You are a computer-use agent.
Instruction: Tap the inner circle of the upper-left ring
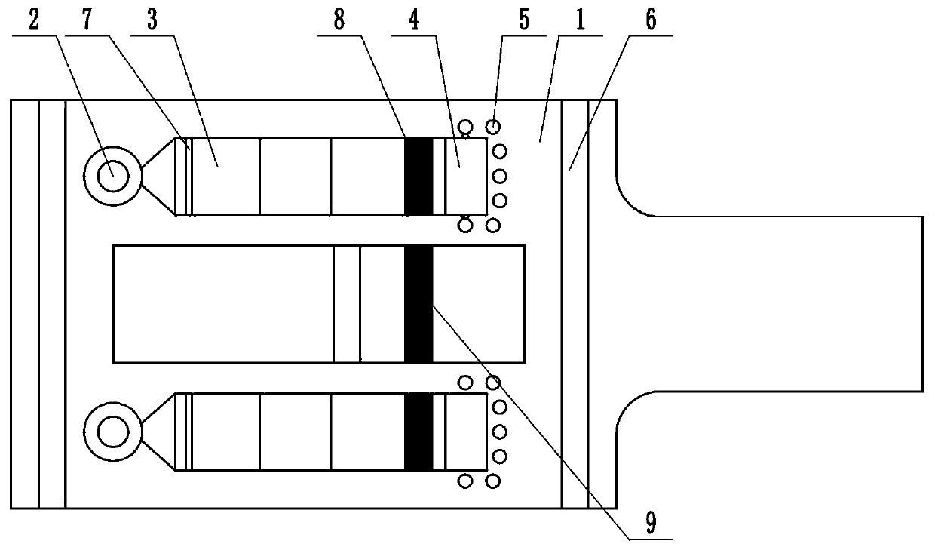click(x=112, y=176)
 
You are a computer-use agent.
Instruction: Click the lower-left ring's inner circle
click(x=112, y=432)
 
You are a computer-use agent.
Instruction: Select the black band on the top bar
click(x=418, y=176)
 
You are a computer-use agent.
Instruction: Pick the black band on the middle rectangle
click(x=418, y=303)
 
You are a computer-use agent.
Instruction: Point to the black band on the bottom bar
click(x=418, y=432)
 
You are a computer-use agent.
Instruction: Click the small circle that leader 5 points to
click(x=493, y=127)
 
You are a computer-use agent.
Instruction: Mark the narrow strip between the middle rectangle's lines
click(x=347, y=303)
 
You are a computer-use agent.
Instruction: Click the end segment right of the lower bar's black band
click(x=466, y=432)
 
